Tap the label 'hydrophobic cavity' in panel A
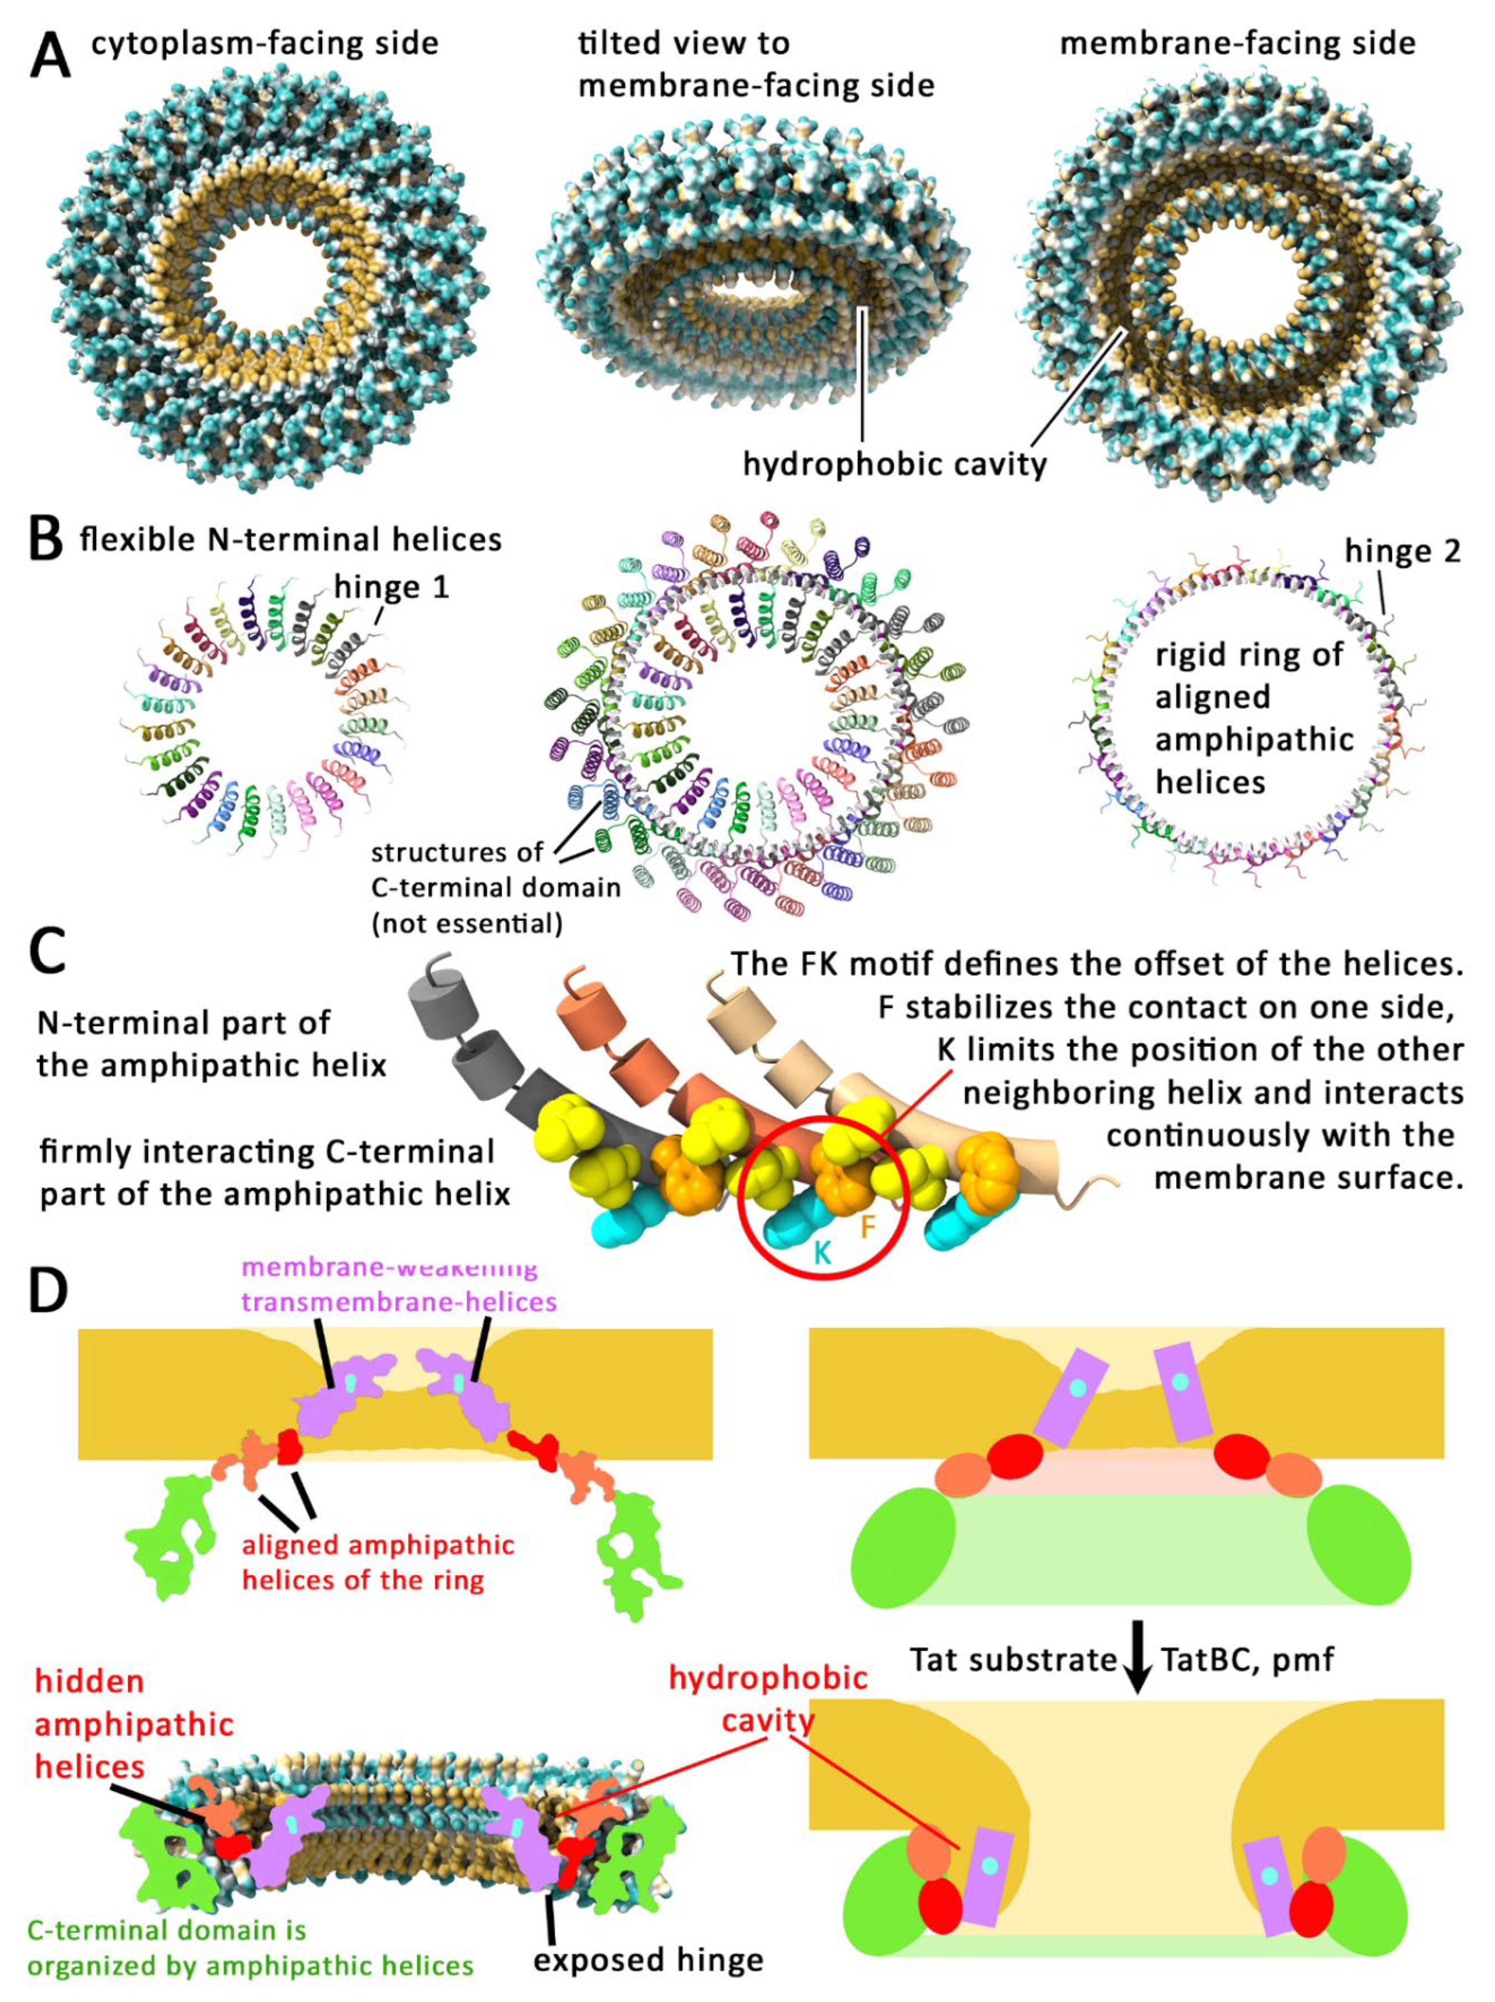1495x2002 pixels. (894, 464)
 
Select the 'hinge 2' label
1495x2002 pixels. (1402, 551)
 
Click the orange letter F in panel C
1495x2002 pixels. (867, 1227)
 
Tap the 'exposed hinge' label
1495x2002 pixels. (648, 1959)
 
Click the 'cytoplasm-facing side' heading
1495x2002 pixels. (264, 43)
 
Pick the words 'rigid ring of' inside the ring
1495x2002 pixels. (1249, 655)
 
